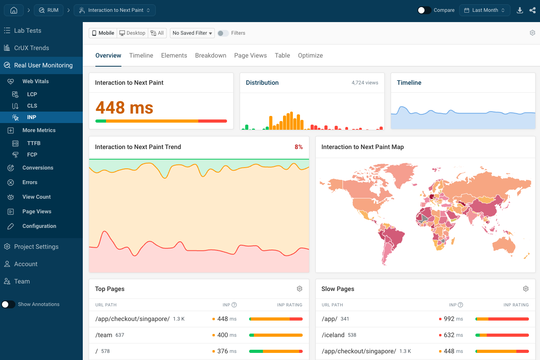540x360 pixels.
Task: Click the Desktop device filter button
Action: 132,33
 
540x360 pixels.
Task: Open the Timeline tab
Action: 141,56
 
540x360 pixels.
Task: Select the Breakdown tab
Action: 210,56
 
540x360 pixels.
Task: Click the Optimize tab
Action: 310,56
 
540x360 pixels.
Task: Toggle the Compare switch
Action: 424,10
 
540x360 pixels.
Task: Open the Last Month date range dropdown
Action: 484,10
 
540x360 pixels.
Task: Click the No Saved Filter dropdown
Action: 192,33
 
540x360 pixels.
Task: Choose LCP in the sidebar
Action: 32,94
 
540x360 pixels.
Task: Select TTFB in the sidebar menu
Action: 34,143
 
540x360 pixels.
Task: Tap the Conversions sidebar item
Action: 38,168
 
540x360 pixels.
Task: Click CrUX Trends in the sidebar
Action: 32,48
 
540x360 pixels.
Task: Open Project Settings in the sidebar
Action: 36,247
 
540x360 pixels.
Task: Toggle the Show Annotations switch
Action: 8,304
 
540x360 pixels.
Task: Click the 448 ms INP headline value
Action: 124,108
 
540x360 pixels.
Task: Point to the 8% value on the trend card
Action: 299,147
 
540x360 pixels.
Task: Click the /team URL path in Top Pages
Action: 104,335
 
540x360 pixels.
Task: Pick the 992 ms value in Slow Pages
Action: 449,319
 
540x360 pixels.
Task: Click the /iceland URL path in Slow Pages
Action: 333,335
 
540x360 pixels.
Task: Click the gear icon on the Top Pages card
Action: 300,289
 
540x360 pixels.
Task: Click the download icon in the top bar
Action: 520,10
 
